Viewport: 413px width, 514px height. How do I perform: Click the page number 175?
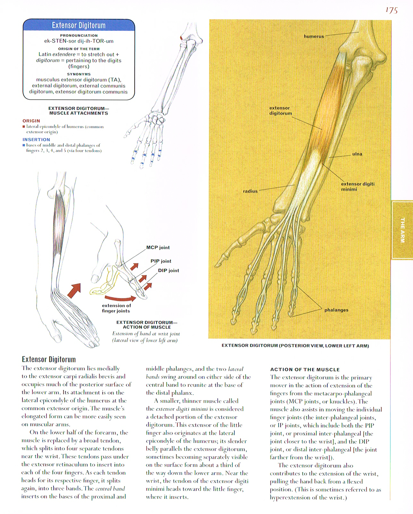(391, 11)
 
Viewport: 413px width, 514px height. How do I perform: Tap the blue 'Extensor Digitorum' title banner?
(79, 25)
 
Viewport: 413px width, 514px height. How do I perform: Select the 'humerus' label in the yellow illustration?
(314, 37)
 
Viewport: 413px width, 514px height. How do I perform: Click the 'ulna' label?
(357, 154)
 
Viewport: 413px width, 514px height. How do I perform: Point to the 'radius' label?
(250, 191)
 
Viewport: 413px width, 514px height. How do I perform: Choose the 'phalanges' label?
(336, 310)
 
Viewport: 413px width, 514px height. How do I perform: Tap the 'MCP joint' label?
(158, 248)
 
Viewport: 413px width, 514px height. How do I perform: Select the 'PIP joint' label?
(161, 261)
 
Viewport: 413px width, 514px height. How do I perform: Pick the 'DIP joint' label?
(168, 270)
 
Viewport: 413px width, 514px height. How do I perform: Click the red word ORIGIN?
(31, 121)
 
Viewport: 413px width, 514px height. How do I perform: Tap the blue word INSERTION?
(36, 139)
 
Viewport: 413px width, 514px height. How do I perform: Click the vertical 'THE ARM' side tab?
(402, 229)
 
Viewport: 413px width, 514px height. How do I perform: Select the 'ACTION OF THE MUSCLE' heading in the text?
(305, 369)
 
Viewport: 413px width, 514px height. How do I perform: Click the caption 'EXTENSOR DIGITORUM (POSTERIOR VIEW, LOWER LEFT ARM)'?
(295, 346)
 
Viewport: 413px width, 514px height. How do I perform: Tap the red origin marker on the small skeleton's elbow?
(182, 38)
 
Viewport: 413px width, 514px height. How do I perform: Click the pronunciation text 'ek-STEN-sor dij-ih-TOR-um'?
(79, 41)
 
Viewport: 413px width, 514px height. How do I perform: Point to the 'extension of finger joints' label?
(116, 308)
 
